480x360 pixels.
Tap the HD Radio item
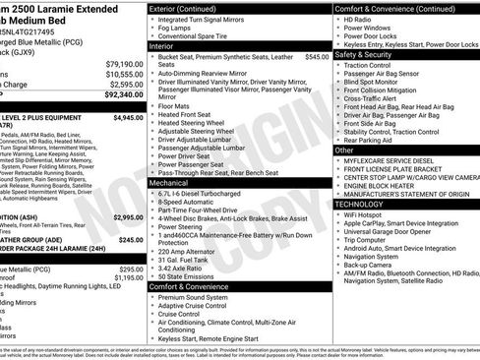pyautogui.click(x=368, y=20)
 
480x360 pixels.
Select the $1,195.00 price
pyautogui.click(x=126, y=278)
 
